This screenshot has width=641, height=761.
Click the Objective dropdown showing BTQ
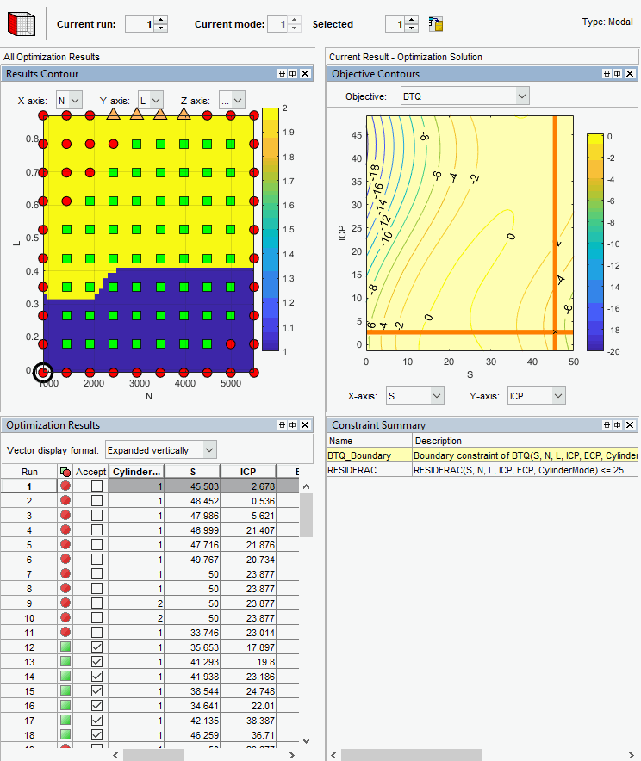pos(464,96)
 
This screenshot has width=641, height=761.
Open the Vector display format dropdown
pos(160,449)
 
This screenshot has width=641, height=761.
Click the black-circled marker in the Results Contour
pos(42,373)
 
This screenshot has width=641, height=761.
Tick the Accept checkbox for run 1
pos(96,486)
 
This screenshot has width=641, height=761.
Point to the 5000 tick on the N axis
pos(229,384)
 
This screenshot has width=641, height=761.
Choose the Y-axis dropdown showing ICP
pos(535,394)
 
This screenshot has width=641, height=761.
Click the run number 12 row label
pos(30,647)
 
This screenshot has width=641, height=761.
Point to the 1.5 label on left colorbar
pos(289,230)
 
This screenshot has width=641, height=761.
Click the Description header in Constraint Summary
pos(439,441)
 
